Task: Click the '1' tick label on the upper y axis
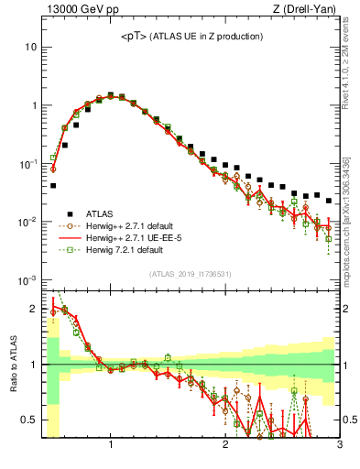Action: click(x=33, y=105)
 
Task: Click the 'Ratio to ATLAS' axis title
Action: click(x=12, y=365)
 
